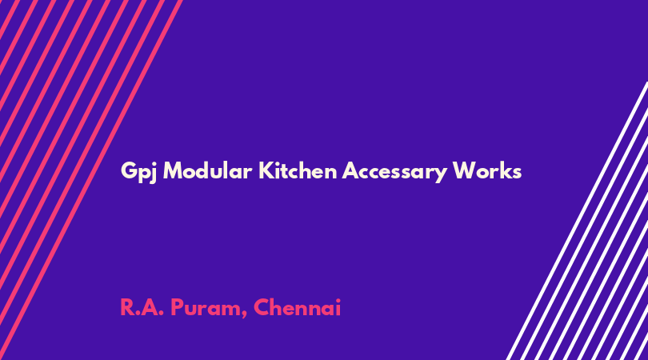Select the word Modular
(x=207, y=170)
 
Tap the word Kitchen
(x=298, y=170)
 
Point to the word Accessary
(x=394, y=172)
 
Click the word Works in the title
(x=487, y=170)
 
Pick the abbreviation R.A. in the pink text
(x=142, y=307)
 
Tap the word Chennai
(x=297, y=307)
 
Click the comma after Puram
(x=245, y=315)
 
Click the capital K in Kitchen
(x=266, y=170)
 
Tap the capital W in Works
(x=465, y=170)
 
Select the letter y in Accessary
(x=441, y=175)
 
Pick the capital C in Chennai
(x=261, y=307)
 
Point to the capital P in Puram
(x=177, y=307)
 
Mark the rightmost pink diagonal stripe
(x=91, y=180)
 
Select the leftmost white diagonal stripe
(x=577, y=221)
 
